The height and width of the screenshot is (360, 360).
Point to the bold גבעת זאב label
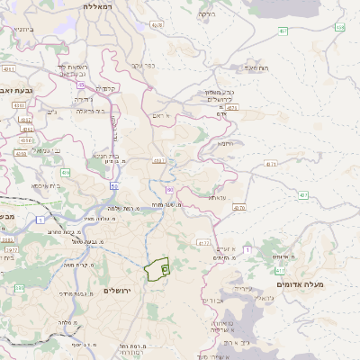pos(19,90)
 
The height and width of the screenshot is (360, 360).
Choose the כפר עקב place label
pos(145,65)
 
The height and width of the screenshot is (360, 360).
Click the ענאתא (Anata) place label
pos(218,196)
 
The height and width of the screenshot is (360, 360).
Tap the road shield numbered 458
pos(339,27)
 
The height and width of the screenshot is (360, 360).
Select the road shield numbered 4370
pos(238,208)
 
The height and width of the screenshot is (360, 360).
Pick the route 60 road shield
pos(169,190)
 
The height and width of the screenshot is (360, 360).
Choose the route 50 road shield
pos(114,185)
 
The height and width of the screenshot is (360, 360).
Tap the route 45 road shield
pos(80,85)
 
